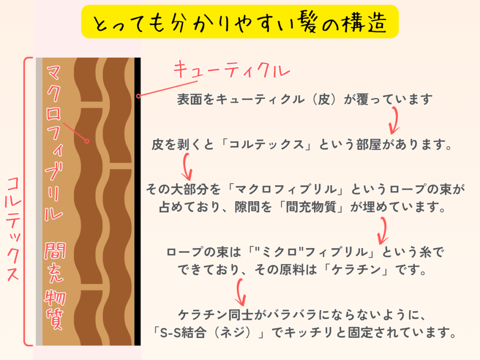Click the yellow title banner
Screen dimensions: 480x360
(x=240, y=22)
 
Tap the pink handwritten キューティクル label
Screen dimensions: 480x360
(x=232, y=70)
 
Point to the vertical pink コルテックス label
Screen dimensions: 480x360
(x=13, y=228)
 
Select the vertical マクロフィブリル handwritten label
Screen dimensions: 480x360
(x=54, y=142)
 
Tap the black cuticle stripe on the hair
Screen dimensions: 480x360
(x=137, y=202)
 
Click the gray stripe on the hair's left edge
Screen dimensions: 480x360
(x=39, y=202)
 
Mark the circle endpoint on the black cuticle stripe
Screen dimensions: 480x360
(x=138, y=96)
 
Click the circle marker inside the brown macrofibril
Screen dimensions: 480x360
(x=87, y=141)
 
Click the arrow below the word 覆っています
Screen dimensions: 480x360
(x=395, y=120)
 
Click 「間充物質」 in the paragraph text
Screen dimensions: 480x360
(x=311, y=207)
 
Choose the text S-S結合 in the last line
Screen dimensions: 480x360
(x=182, y=332)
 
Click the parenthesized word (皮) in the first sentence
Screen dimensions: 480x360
(x=324, y=99)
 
